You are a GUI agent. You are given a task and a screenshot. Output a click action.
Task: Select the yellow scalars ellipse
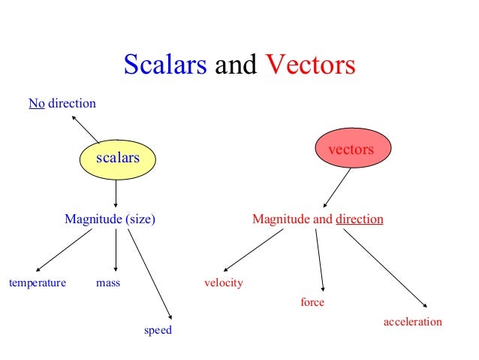coord(116,158)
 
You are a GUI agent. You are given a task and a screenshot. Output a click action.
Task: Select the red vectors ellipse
coord(351,149)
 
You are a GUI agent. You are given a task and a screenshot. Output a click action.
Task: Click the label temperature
coord(37,283)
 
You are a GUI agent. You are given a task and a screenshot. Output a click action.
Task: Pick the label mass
coord(108,283)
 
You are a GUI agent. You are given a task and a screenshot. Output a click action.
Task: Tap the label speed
coord(158,330)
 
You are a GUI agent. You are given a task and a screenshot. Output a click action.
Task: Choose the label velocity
coord(224,283)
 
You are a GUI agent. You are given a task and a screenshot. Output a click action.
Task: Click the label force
coord(312,303)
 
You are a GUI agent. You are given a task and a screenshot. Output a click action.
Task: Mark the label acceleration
coord(413,322)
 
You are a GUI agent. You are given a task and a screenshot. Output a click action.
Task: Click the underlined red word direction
coord(360,220)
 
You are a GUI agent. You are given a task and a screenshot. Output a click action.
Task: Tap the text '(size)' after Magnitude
coord(140,220)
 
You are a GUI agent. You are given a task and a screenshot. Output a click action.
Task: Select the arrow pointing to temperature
coord(64,250)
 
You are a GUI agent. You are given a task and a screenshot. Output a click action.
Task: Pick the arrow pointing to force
coord(320,260)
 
